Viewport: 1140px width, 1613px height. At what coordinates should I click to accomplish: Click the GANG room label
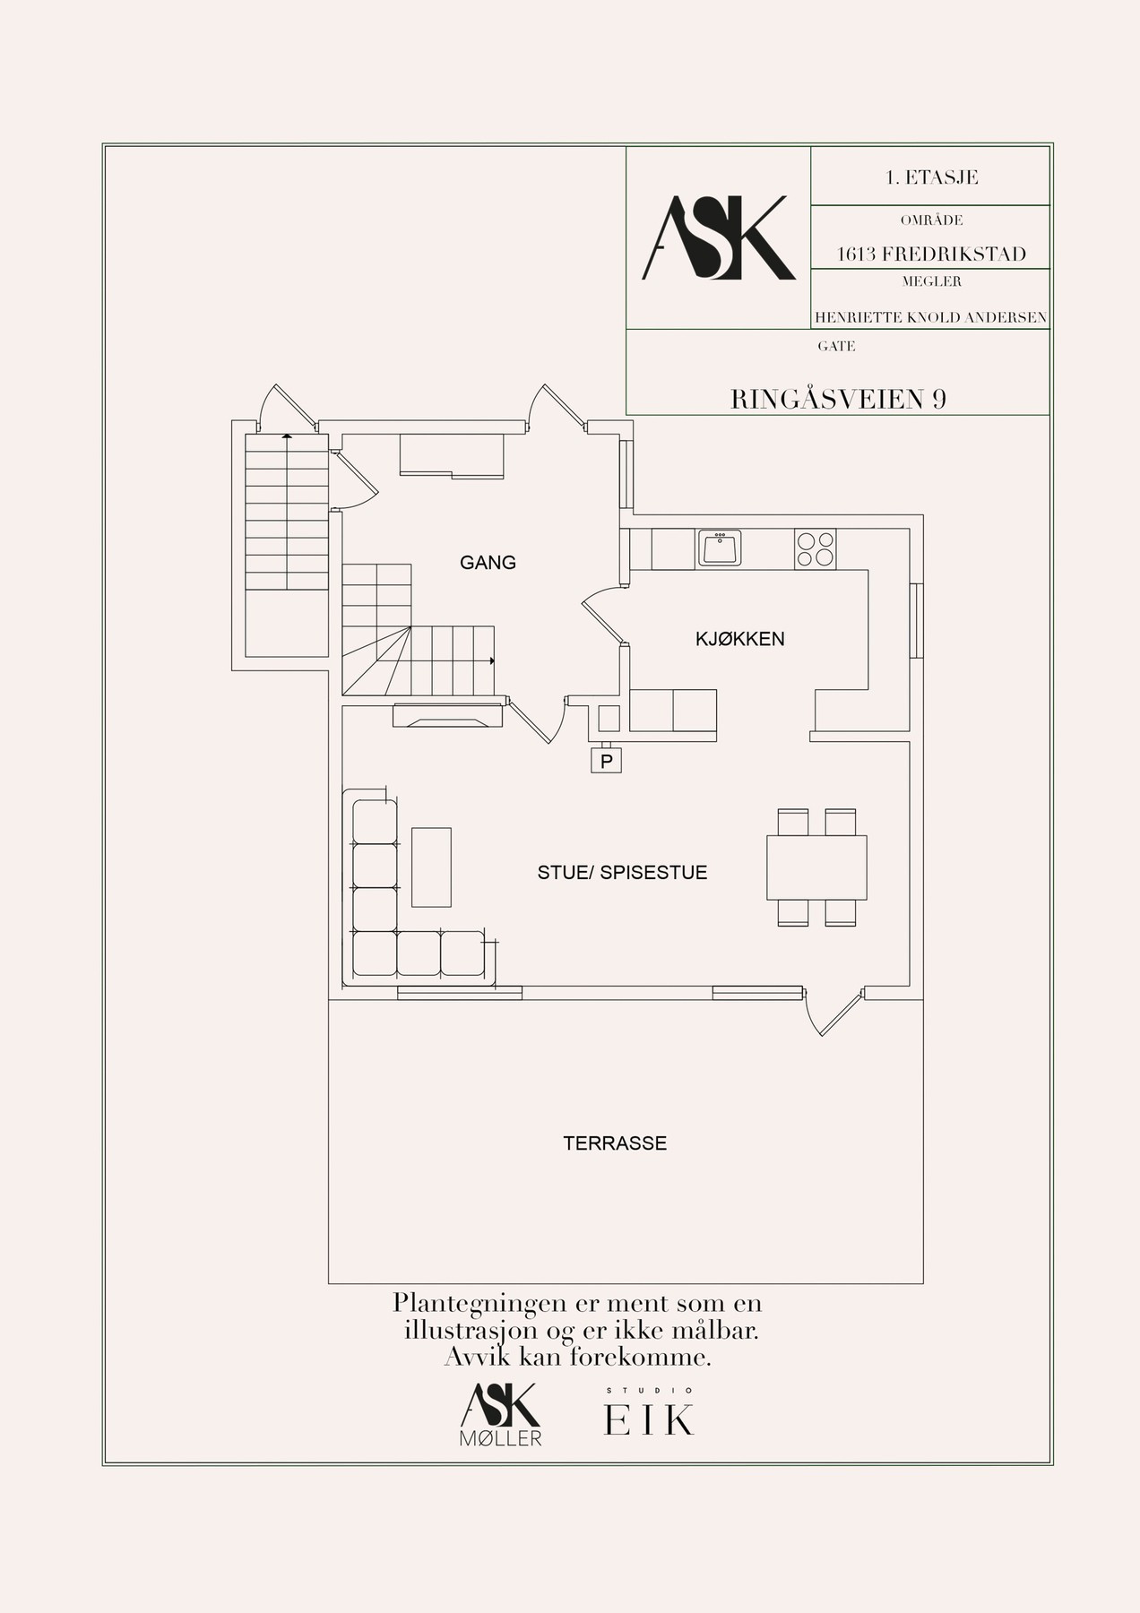coord(488,563)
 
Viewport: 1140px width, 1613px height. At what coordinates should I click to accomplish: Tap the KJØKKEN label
coord(740,639)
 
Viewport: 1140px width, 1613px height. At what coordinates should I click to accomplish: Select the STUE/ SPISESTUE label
coord(622,872)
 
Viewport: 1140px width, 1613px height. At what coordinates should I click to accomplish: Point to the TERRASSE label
coord(615,1143)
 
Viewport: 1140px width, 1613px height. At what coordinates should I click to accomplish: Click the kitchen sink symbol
coord(720,548)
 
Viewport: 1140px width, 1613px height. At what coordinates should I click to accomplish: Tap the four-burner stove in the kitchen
coord(815,549)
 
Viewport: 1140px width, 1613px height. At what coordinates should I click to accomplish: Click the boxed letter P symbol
coord(607,761)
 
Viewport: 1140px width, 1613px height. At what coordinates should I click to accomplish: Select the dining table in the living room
coord(816,867)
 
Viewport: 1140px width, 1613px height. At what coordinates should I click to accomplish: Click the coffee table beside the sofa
coord(431,867)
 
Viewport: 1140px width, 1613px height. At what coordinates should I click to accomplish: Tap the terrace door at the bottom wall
coord(835,1013)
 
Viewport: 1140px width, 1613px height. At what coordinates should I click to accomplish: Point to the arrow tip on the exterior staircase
coord(286,435)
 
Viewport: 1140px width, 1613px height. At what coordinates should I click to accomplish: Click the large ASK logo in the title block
coord(719,237)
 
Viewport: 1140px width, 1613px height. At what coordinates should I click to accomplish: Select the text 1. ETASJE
coord(931,177)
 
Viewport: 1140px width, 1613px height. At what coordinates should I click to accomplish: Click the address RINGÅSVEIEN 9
coord(838,399)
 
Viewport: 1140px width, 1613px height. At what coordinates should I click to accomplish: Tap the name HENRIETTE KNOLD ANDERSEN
coord(930,317)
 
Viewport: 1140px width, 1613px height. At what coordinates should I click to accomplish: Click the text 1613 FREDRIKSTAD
coord(931,254)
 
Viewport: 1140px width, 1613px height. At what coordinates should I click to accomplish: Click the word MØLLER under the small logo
coord(502,1439)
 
